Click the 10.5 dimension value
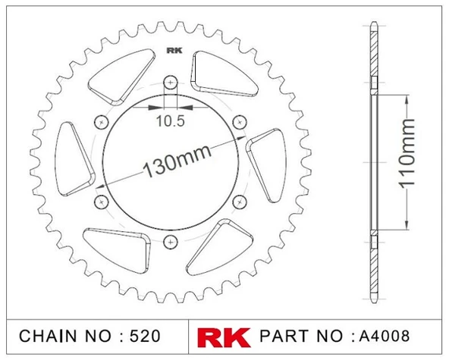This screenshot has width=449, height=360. pyautogui.click(x=169, y=120)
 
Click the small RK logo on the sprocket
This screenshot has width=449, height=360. pyautogui.click(x=171, y=53)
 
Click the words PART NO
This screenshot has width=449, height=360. pyautogui.click(x=303, y=335)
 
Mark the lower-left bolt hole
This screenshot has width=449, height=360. pyautogui.click(x=100, y=201)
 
